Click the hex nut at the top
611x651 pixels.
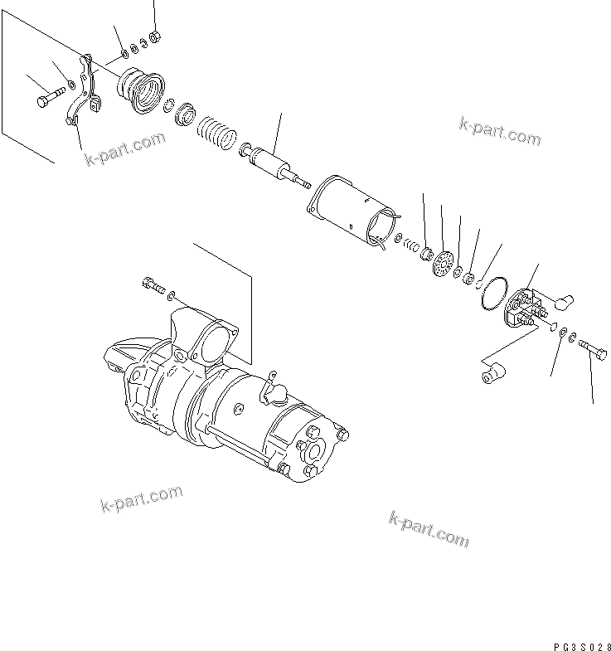click(x=158, y=36)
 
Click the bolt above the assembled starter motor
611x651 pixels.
click(x=153, y=284)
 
